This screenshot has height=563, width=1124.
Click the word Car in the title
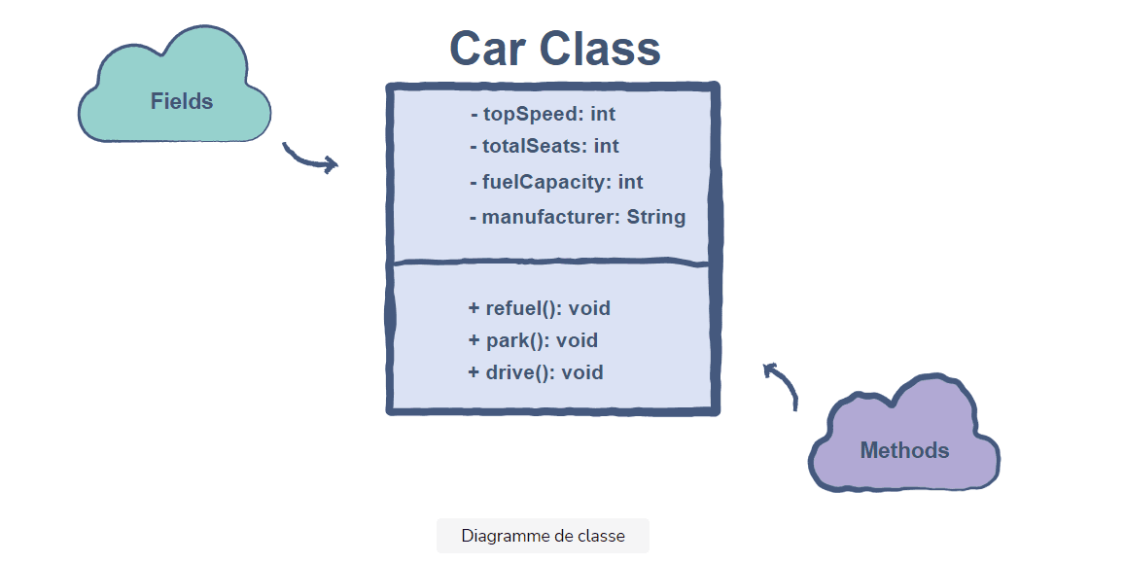489,49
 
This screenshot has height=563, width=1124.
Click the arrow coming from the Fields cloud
310,159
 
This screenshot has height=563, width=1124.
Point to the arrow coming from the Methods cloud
783,383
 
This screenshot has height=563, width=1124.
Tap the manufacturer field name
550,217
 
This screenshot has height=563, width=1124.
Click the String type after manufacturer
656,217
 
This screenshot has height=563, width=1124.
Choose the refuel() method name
524,308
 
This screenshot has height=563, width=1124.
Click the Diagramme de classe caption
543,536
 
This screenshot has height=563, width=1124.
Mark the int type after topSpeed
603,115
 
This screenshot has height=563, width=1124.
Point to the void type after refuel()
589,308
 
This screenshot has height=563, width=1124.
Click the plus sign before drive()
474,372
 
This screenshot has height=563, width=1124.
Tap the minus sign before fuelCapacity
474,182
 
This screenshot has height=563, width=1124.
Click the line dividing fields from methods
552,262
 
